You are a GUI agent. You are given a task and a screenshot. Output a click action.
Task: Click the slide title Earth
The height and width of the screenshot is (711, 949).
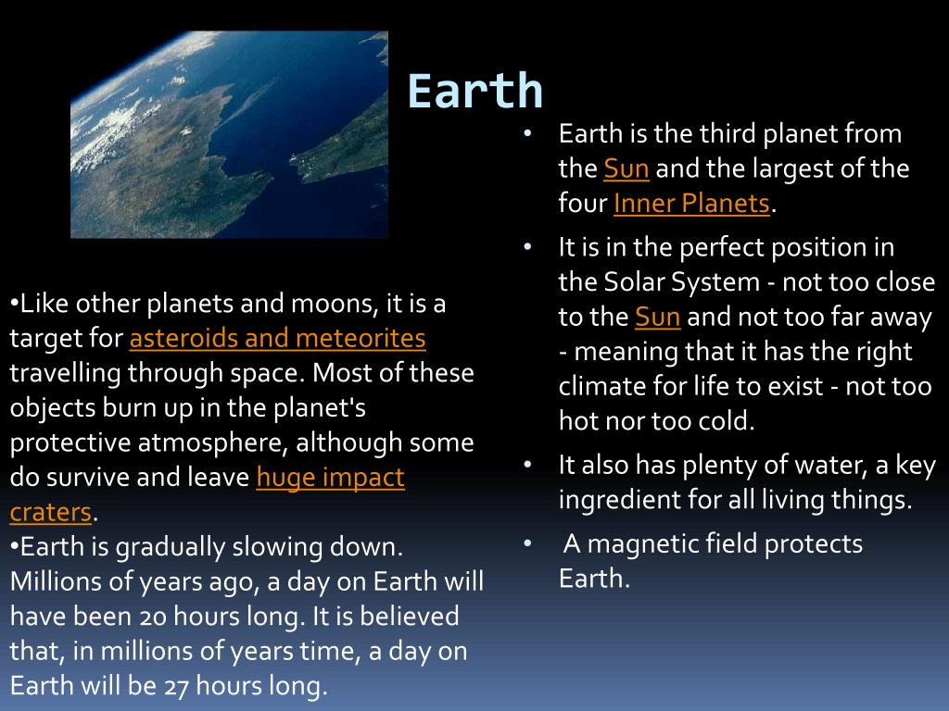click(475, 91)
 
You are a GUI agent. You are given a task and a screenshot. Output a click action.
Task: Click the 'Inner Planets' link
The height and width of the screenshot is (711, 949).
click(691, 203)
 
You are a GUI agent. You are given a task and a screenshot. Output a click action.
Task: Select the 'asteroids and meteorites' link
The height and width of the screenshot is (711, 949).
click(277, 338)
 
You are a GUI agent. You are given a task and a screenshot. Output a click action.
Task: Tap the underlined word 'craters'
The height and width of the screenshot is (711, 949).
click(51, 513)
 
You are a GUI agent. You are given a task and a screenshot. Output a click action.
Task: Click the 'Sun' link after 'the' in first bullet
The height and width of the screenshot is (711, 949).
click(626, 168)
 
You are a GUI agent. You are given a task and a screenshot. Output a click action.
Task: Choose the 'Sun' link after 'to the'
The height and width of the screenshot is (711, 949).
click(657, 317)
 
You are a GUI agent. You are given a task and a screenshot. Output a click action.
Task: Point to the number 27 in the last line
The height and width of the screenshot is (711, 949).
click(176, 686)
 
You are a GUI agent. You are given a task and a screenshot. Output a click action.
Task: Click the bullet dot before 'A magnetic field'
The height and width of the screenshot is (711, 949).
click(527, 544)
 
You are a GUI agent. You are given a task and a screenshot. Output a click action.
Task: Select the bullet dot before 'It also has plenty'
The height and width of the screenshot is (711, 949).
click(527, 465)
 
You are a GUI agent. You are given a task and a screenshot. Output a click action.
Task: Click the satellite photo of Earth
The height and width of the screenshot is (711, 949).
click(230, 134)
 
